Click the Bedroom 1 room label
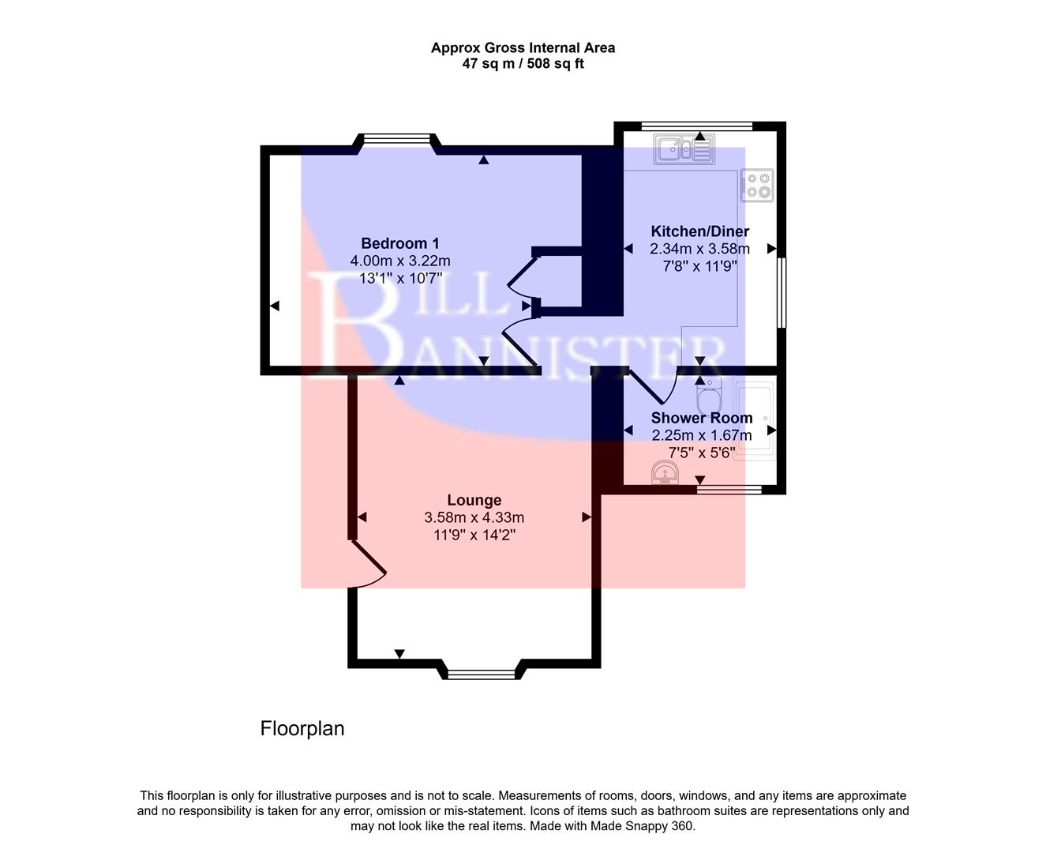coord(399,243)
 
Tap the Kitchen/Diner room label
coord(699,231)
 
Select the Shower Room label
coord(701,418)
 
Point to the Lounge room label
coord(474,500)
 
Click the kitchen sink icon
coord(684,149)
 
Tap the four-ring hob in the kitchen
coord(757,186)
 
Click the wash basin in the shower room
coord(665,474)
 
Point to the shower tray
coord(754,419)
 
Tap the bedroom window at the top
coord(397,140)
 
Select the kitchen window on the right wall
coord(781,292)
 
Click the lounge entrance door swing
coord(367,565)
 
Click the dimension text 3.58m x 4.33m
coord(474,518)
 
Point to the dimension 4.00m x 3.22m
coord(399,261)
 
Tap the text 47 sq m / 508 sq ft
coord(523,64)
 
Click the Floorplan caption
coord(302,728)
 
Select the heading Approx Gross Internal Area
coord(523,47)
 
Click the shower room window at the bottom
coord(729,490)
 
